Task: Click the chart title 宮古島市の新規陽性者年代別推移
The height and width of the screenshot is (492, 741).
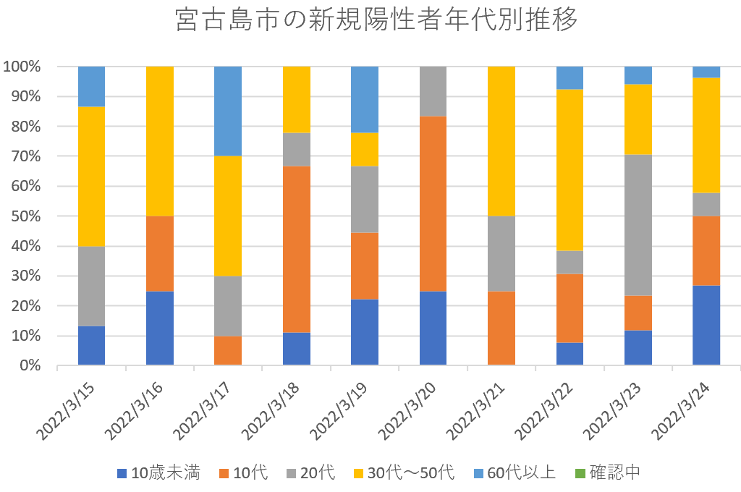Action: (x=376, y=21)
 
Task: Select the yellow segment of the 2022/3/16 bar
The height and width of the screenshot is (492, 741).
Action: (x=159, y=141)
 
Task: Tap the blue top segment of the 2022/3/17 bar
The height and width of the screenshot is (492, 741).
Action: (x=228, y=111)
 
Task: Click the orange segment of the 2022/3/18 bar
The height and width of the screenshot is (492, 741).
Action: (x=296, y=249)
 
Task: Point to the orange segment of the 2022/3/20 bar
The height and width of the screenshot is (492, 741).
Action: (x=433, y=203)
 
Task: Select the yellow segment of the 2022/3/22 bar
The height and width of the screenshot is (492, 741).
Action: (x=569, y=169)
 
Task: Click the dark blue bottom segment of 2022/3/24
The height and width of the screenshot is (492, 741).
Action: (x=706, y=325)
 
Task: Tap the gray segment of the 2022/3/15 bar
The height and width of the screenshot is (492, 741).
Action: (x=91, y=286)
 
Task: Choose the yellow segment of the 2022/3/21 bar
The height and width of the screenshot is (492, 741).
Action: (x=501, y=141)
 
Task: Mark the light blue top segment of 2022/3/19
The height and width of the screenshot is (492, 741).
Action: (x=365, y=99)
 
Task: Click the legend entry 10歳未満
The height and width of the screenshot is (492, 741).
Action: (x=158, y=473)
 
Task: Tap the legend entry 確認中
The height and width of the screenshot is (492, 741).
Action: (x=607, y=473)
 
